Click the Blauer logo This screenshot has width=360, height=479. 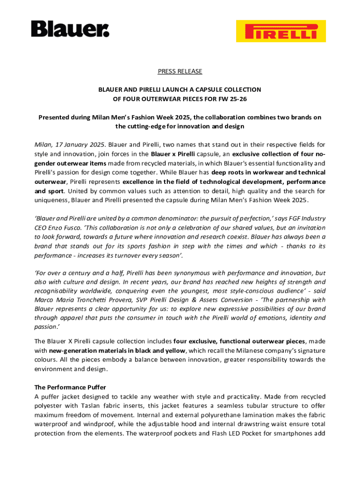click(x=70, y=29)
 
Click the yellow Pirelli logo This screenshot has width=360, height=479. click(x=281, y=31)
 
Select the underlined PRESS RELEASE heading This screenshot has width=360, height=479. click(x=180, y=71)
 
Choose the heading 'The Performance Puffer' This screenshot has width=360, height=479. click(x=70, y=387)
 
